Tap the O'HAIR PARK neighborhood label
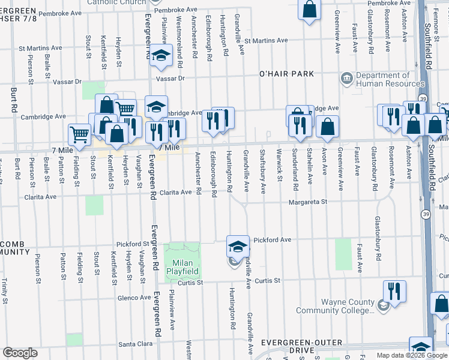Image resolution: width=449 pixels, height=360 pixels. tap(287, 73)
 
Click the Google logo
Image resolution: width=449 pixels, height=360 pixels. tap(20, 353)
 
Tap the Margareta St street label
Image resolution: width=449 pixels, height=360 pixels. tap(307, 202)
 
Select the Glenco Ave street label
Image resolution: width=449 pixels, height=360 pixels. tap(134, 297)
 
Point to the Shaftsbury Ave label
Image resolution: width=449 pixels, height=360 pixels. tap(263, 171)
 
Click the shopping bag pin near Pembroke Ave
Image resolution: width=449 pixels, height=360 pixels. tap(309, 9)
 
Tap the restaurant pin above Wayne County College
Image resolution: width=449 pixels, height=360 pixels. tap(394, 291)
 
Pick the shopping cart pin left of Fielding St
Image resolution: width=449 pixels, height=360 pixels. tap(79, 134)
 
